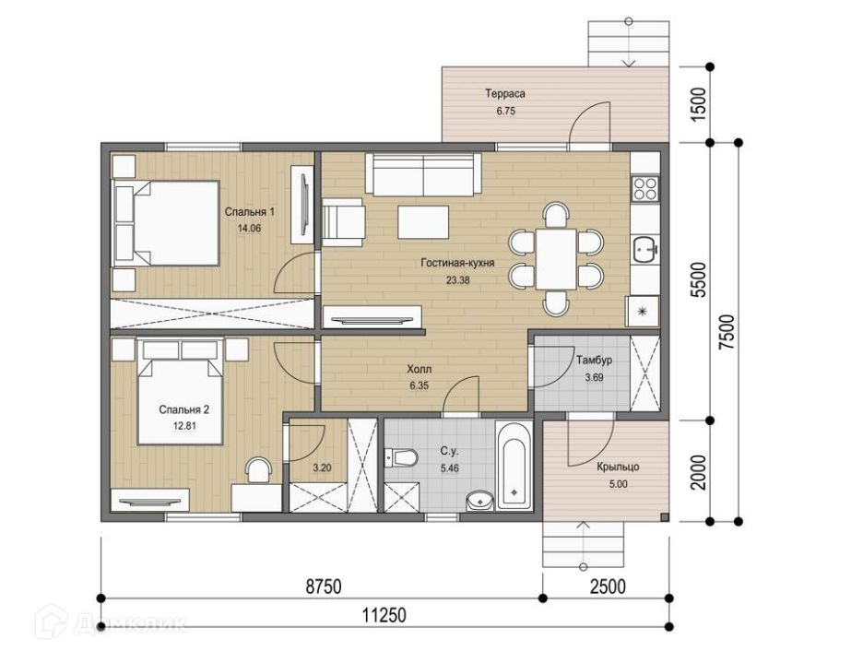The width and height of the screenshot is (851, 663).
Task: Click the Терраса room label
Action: tap(504, 93)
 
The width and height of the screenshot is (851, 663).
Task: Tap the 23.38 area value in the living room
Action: tap(457, 280)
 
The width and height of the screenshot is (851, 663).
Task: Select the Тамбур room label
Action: tap(594, 360)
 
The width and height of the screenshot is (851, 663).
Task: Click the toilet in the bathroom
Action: tap(401, 457)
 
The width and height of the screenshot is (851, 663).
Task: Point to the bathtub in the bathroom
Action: tap(514, 466)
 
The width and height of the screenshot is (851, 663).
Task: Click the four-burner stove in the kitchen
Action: tap(645, 188)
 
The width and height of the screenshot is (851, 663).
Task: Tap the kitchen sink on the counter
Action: tap(644, 250)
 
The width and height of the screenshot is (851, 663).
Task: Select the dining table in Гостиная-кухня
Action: tap(556, 258)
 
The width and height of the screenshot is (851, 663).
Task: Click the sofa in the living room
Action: tap(423, 173)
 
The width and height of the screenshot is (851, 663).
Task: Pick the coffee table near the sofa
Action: tap(423, 221)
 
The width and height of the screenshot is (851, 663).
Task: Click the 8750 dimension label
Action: tap(324, 586)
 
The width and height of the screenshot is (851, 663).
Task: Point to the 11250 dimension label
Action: tap(384, 615)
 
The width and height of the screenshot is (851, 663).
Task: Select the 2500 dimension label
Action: tap(608, 586)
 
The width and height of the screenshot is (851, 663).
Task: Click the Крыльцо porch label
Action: tap(618, 467)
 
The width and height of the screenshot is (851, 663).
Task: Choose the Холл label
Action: tap(419, 369)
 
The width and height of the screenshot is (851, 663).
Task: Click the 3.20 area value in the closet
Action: tap(322, 468)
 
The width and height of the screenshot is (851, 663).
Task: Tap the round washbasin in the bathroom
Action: tap(479, 501)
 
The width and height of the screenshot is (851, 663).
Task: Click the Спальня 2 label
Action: tap(184, 410)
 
